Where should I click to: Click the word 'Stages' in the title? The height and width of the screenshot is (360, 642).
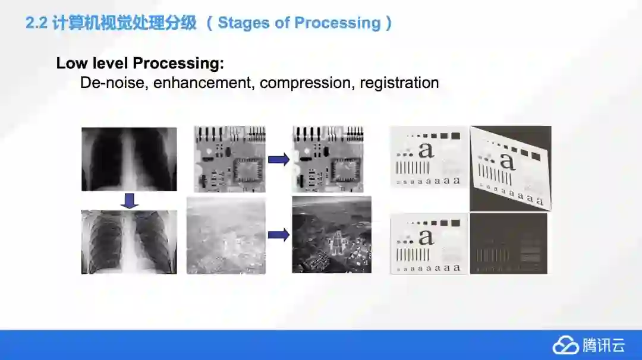(243, 23)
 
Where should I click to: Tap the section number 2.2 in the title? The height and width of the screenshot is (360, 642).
(36, 23)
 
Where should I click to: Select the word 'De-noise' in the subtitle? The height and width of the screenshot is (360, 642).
(114, 83)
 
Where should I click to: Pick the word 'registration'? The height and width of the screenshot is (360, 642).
(399, 83)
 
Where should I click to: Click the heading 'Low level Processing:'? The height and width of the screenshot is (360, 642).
(140, 63)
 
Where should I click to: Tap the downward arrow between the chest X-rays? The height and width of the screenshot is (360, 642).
(130, 200)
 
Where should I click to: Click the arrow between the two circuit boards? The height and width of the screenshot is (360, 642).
(279, 159)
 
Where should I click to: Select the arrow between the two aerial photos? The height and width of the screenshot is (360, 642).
(279, 235)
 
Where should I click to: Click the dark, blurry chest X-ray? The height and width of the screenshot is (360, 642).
(129, 159)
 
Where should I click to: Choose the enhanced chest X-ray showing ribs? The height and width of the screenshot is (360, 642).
(129, 242)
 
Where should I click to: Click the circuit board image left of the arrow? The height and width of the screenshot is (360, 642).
(229, 159)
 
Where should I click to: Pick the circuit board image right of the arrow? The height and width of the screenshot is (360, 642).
(328, 159)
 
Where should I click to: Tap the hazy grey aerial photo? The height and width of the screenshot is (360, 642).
(226, 235)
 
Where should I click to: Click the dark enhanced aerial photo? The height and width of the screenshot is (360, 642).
(332, 235)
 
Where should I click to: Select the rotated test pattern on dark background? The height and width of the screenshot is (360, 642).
(511, 169)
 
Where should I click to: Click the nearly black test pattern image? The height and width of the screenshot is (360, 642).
(508, 244)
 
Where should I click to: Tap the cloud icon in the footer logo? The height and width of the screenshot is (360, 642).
(565, 345)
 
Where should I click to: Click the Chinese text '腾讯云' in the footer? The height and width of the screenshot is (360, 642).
(604, 345)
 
